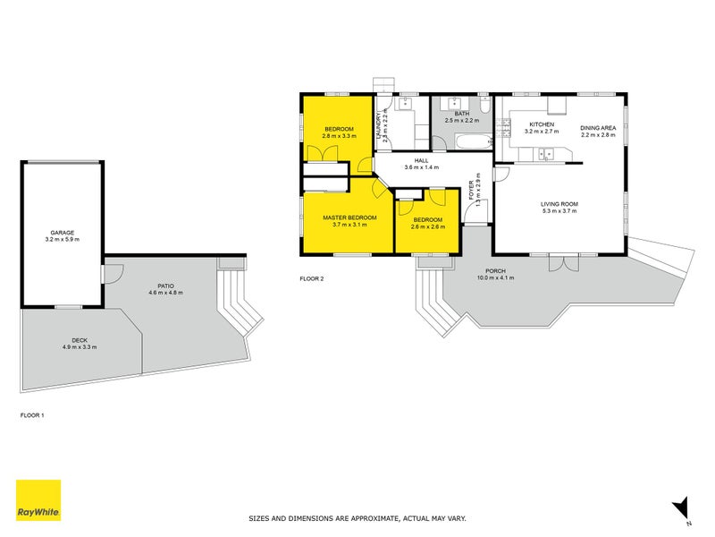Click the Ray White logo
pyautogui.click(x=38, y=500)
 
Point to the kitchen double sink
pyautogui.click(x=546, y=155)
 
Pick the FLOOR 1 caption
pyautogui.click(x=31, y=415)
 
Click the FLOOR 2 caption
pyautogui.click(x=311, y=279)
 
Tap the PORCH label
pyautogui.click(x=496, y=270)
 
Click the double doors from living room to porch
pyautogui.click(x=559, y=263)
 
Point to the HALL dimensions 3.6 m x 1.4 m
pyautogui.click(x=423, y=167)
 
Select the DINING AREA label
pyautogui.click(x=598, y=128)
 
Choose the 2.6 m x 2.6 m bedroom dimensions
pyautogui.click(x=427, y=226)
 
